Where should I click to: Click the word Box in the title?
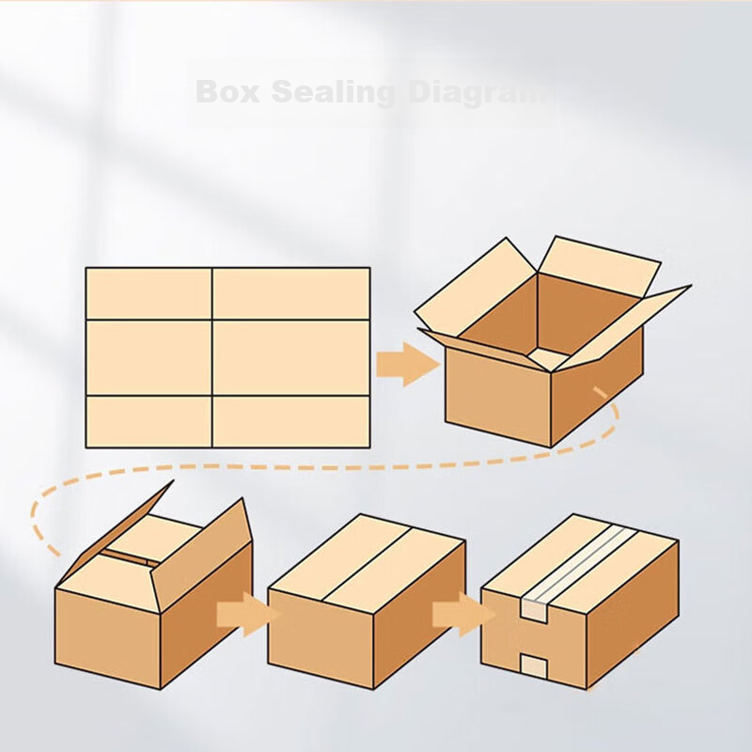[227, 91]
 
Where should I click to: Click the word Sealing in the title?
[334, 93]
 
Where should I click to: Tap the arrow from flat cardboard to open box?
[408, 364]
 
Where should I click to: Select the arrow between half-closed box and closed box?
[248, 615]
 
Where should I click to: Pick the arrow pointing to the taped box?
[463, 615]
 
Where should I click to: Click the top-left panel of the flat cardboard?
[149, 293]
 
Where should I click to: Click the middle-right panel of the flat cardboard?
[291, 358]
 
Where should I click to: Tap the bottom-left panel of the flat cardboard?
[149, 422]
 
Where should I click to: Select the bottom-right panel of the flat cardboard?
[291, 422]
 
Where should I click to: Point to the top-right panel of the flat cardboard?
[291, 293]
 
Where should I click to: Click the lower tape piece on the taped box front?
[534, 667]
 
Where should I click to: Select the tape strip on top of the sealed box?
[579, 563]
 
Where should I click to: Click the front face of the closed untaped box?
[321, 633]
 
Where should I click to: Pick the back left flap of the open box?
[475, 287]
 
